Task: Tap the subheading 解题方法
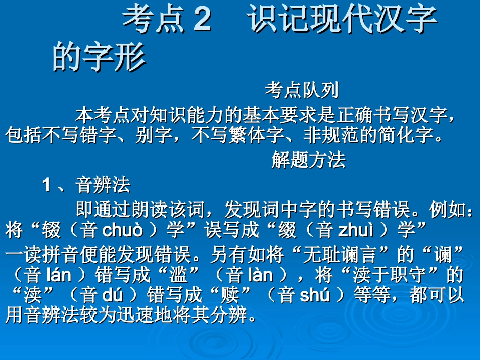coord(308,160)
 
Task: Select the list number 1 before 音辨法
coord(46,185)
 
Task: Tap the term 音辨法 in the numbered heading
coord(103,185)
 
